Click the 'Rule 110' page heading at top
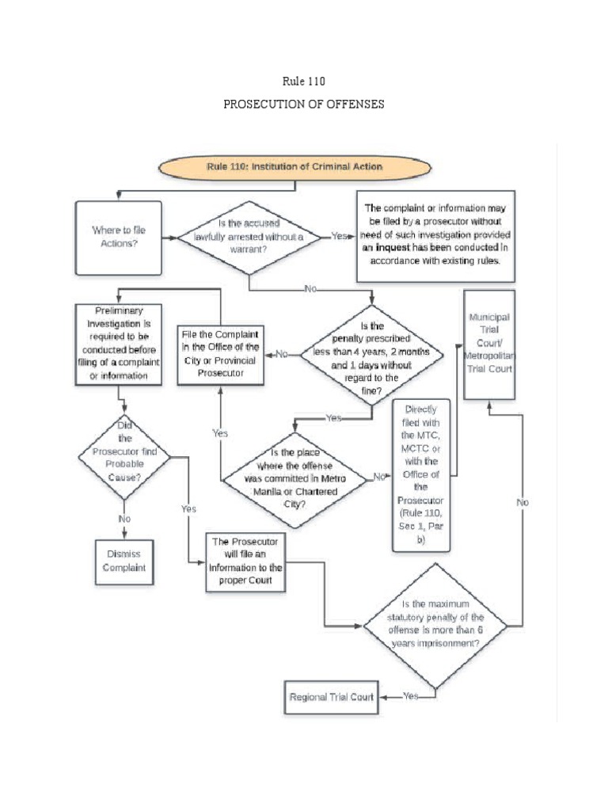(x=304, y=81)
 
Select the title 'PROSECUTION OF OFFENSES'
(x=304, y=105)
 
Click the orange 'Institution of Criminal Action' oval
(x=295, y=167)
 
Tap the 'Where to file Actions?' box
(x=119, y=237)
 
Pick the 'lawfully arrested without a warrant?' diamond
(x=249, y=236)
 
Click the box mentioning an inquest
(x=435, y=235)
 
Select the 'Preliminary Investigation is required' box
(x=119, y=344)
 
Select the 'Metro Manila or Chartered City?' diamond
(x=295, y=478)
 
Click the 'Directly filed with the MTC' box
(x=420, y=475)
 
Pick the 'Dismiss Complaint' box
(x=123, y=561)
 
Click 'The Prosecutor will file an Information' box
(x=245, y=562)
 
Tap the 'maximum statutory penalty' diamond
(x=435, y=625)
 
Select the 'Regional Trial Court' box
(x=330, y=697)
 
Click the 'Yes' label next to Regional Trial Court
(x=410, y=697)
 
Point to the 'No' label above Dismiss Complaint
(x=124, y=518)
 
